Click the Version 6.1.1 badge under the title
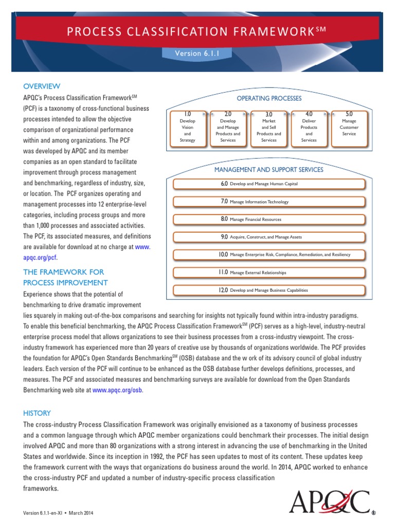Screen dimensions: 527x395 (197, 53)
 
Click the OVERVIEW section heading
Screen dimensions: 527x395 (42, 86)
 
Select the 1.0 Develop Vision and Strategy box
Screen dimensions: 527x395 (187, 127)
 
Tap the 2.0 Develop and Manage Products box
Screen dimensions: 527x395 (228, 127)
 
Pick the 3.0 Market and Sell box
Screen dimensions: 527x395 (268, 127)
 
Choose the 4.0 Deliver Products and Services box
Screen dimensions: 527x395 (309, 127)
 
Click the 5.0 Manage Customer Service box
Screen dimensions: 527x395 (349, 127)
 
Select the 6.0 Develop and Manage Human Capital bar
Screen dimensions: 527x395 (268, 184)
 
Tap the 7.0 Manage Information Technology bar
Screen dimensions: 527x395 (268, 202)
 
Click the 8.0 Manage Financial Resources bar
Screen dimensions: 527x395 (268, 219)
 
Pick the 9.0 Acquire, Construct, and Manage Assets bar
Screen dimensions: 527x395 (268, 237)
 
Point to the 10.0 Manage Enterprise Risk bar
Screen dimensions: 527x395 (268, 254)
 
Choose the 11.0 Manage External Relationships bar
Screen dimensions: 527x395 (268, 272)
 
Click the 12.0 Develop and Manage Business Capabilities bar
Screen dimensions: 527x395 (268, 290)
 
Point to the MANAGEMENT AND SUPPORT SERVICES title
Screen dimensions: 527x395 (268, 169)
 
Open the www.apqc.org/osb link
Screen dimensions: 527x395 (117, 390)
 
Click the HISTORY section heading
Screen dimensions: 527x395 (37, 413)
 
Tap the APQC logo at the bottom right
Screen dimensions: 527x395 (329, 503)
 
